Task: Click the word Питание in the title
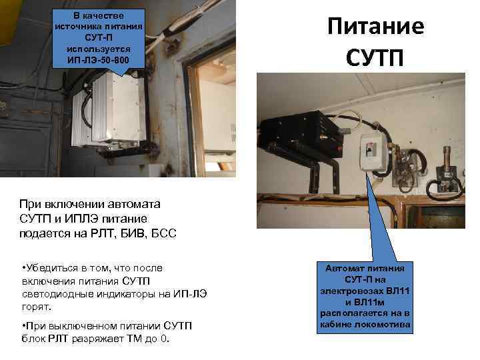[375, 27]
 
